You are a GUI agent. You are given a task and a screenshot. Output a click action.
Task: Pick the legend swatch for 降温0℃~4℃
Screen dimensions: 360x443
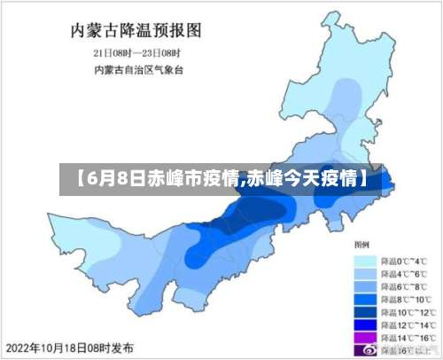(x=365, y=262)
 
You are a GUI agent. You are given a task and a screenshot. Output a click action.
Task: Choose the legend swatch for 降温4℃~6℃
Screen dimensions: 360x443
(x=365, y=275)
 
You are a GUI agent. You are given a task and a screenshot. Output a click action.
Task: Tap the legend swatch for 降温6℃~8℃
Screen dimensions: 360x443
(x=365, y=287)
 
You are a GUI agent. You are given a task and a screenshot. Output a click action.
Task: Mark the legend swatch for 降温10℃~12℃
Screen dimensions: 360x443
(x=365, y=313)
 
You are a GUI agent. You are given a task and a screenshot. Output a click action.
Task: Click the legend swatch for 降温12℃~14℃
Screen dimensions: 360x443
(x=365, y=325)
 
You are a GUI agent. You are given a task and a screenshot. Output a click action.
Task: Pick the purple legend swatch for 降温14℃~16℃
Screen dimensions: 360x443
(x=365, y=338)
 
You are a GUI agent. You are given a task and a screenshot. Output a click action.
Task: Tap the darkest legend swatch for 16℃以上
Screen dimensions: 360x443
(x=365, y=350)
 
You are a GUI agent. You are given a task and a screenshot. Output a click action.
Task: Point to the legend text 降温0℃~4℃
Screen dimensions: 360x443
(x=404, y=262)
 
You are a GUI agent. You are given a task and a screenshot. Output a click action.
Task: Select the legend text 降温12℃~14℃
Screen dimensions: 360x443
(x=408, y=325)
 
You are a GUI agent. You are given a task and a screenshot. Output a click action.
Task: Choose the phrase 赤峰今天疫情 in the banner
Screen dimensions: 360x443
(x=299, y=178)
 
